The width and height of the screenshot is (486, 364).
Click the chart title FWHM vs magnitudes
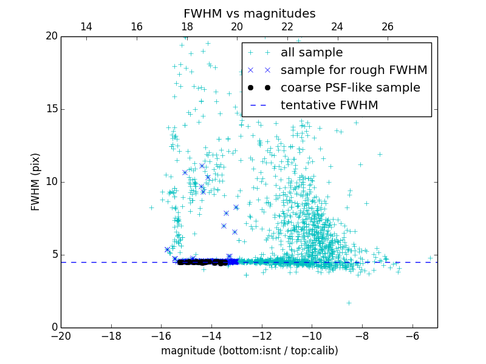[249, 13]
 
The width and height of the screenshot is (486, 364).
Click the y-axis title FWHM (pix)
[36, 182]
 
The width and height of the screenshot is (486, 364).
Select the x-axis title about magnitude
[249, 351]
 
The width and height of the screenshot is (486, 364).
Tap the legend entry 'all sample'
[312, 53]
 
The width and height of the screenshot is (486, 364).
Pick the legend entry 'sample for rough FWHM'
[354, 70]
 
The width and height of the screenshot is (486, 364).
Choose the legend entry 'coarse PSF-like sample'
[350, 88]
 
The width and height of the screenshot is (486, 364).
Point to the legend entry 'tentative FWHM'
[329, 106]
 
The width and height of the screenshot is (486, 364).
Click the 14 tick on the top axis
[86, 27]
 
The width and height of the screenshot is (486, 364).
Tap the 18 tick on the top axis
[187, 27]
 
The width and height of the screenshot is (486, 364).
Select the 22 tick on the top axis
[287, 27]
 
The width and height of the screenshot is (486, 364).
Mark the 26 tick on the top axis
[388, 27]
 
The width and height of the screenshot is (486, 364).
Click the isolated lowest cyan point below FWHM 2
[349, 303]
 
